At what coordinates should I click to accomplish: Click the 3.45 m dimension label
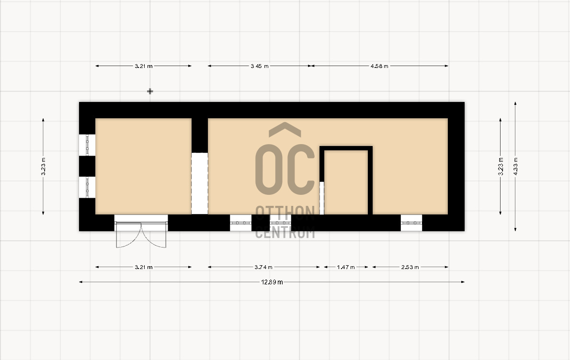coord(260,66)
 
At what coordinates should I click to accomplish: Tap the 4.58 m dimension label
coord(379,66)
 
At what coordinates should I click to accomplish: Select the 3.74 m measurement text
coord(263,267)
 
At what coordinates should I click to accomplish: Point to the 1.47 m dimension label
coord(346,267)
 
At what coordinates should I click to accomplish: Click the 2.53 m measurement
coord(410,267)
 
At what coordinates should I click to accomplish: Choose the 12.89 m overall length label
coord(272,282)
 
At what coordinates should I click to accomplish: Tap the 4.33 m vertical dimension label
coord(515,167)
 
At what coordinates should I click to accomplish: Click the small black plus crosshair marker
coord(150,91)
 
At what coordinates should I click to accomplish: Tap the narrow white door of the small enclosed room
coord(322,198)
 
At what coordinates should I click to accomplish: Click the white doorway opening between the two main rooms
coord(200,183)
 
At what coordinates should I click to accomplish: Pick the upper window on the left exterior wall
coord(87,145)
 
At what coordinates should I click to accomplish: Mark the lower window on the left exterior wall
coord(87,188)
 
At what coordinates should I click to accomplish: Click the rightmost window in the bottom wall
coord(411,223)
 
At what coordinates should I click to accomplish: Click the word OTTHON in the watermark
coord(285,213)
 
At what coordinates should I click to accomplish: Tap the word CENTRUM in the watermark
coord(285,233)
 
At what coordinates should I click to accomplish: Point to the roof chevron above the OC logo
coord(285,129)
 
